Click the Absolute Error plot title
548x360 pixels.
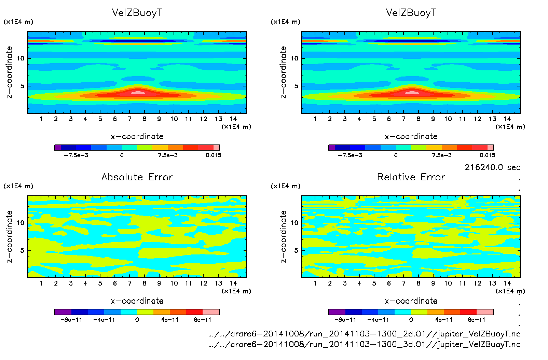point(137,177)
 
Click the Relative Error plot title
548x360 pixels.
point(411,177)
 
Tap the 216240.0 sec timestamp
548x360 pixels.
point(492,167)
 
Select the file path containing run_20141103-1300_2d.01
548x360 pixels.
point(365,334)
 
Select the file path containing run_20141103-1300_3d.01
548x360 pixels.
point(365,344)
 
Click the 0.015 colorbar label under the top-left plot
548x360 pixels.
point(213,155)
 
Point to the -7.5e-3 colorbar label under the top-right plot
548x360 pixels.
point(350,155)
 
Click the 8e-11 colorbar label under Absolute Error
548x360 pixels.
point(203,320)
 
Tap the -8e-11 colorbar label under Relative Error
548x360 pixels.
point(345,320)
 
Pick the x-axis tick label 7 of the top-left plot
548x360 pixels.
point(129,119)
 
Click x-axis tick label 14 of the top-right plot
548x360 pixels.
point(507,119)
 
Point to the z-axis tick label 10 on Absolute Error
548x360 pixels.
point(20,223)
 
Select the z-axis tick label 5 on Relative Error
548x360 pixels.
point(296,250)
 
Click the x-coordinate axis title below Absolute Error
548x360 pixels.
point(137,301)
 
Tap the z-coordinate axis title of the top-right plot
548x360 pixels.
point(283,72)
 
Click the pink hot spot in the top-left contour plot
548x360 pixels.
point(138,92)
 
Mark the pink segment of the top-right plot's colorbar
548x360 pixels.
point(490,148)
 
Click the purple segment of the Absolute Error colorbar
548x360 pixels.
point(63,312)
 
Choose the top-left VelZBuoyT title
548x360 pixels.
point(137,13)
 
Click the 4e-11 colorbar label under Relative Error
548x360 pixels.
point(443,320)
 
